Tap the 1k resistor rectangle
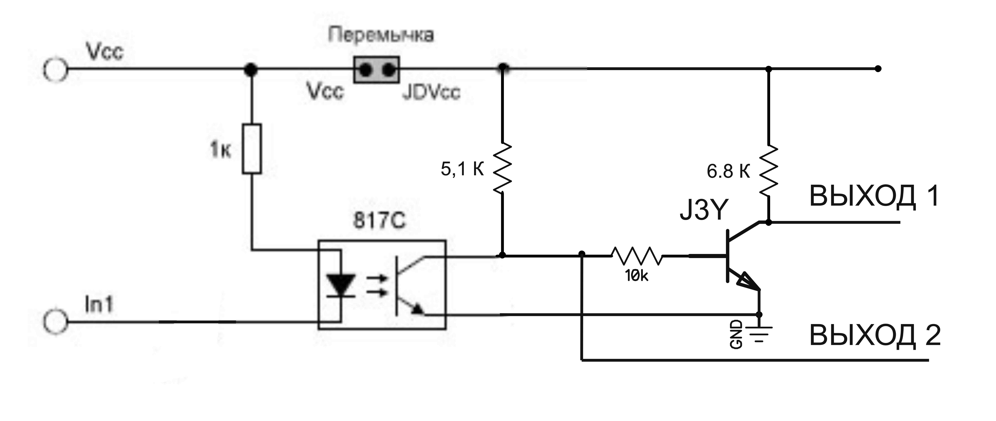pos(252,149)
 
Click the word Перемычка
pos(381,35)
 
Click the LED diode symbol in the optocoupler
pos(341,285)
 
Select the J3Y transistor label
pos(704,210)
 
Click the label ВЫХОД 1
pos(874,196)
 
